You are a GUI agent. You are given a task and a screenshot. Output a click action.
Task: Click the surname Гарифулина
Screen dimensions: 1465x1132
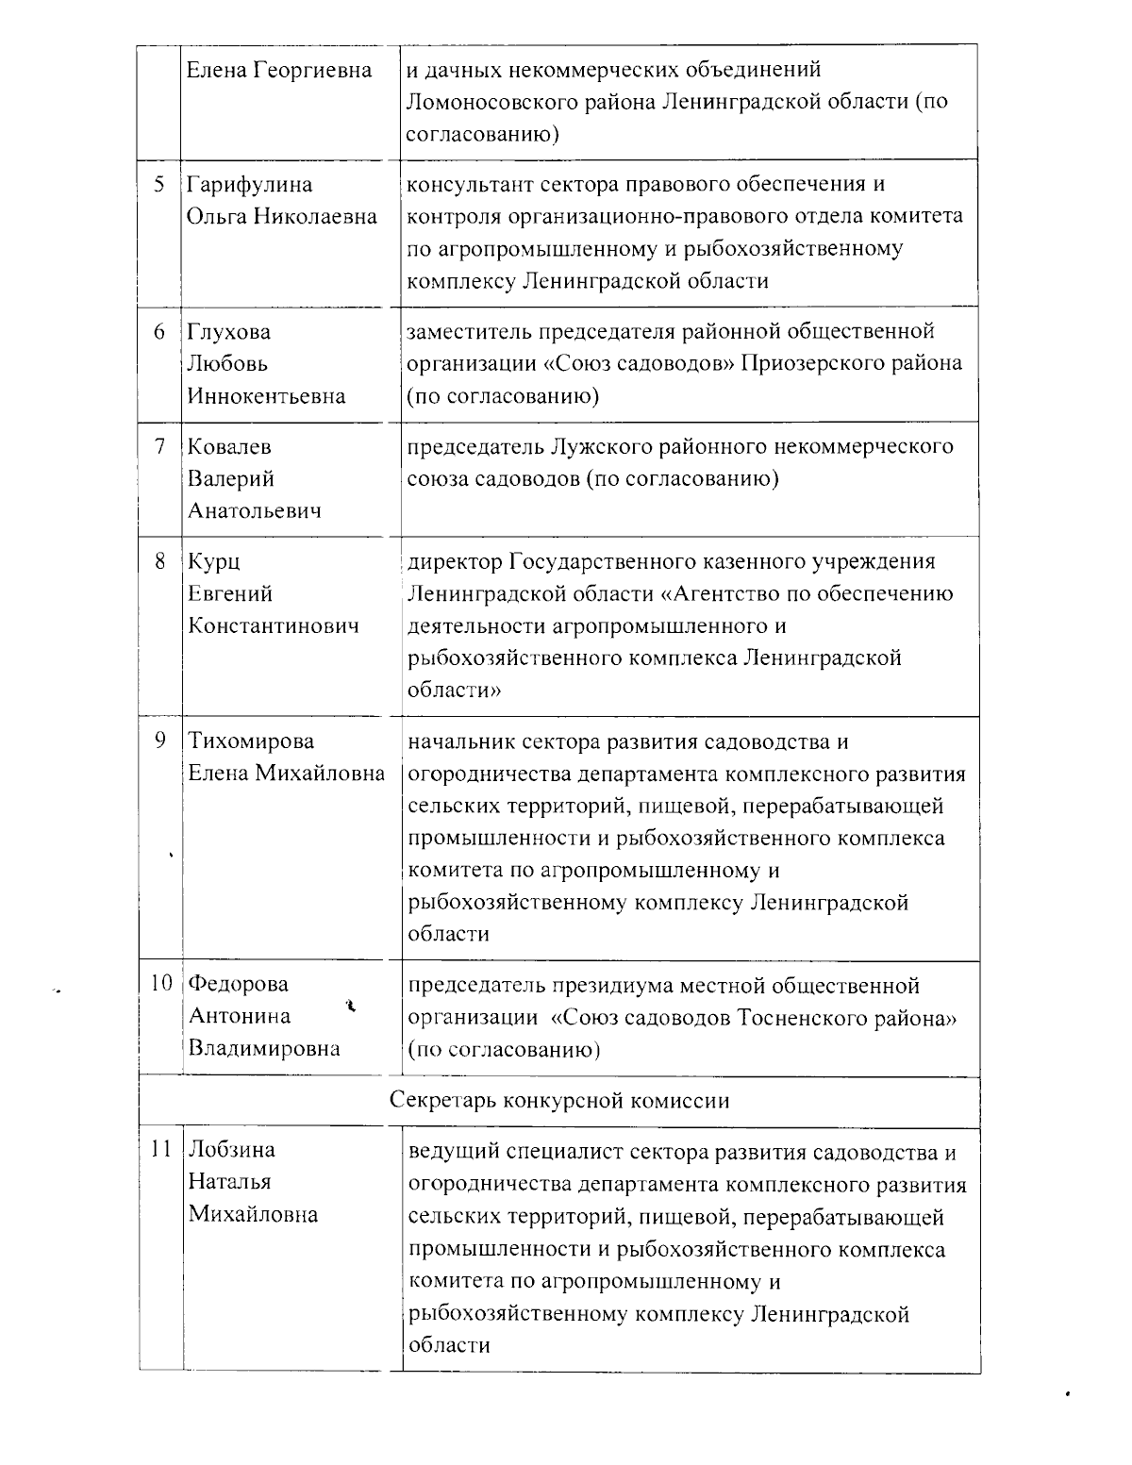[x=250, y=185]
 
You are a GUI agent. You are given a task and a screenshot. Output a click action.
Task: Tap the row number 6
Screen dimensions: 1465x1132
[x=159, y=332]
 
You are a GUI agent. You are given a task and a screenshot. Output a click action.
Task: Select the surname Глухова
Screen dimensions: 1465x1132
[x=229, y=332]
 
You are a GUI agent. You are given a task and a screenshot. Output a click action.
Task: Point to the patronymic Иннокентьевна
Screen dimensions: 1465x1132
[x=267, y=396]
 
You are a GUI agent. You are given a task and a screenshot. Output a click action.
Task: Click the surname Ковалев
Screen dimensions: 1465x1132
[x=231, y=447]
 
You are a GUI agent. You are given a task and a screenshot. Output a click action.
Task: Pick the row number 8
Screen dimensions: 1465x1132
[x=159, y=561]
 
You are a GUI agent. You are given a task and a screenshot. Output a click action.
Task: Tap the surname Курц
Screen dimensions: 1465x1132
[x=214, y=562]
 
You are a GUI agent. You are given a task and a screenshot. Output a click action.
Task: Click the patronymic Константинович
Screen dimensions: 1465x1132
[x=274, y=626]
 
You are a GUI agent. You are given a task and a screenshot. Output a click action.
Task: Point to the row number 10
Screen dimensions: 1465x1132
[x=160, y=983]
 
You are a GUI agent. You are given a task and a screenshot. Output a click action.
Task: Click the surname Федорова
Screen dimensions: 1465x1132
[x=239, y=984]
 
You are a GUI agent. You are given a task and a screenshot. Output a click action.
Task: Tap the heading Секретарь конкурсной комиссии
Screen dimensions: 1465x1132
[x=559, y=1101]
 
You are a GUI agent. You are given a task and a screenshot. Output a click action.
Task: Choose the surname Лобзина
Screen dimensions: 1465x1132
[x=232, y=1150]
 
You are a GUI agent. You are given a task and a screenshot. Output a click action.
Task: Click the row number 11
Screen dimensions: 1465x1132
[x=160, y=1150]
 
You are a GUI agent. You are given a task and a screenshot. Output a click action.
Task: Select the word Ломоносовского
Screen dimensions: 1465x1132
[x=487, y=102]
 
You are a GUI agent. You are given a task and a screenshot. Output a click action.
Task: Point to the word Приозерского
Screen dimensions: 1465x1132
[x=806, y=364]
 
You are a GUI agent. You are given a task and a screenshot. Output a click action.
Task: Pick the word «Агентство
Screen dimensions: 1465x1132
[x=713, y=594]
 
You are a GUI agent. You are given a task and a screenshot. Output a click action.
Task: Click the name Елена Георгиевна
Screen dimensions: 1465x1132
[x=280, y=70]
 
